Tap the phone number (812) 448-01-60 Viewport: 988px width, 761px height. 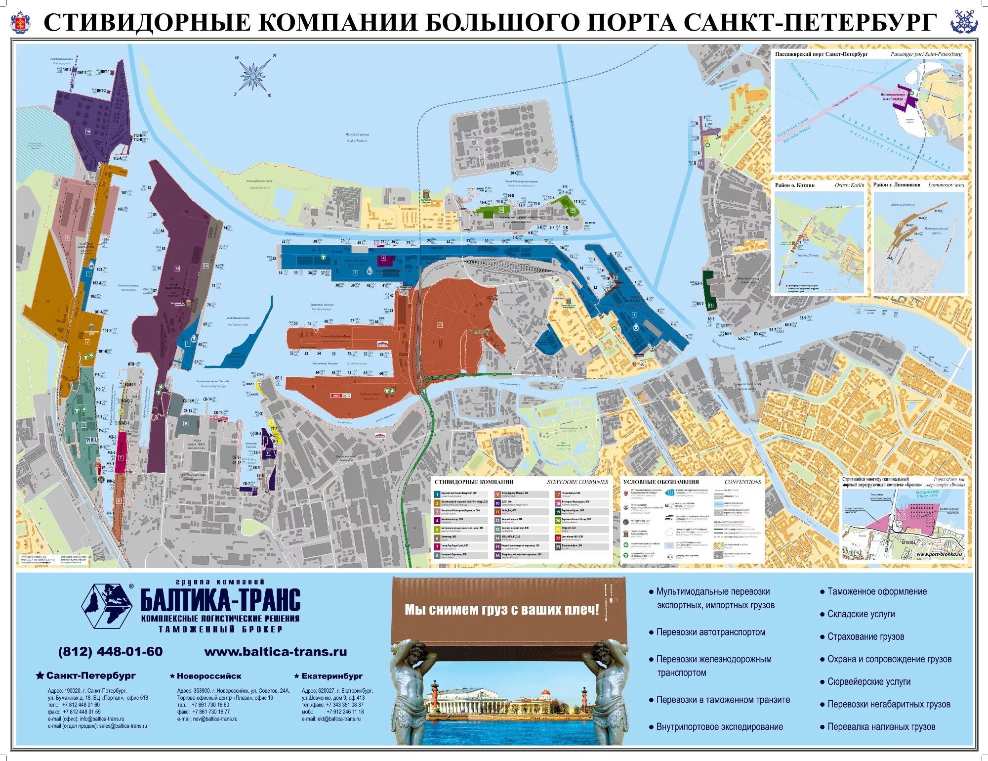pyautogui.click(x=110, y=652)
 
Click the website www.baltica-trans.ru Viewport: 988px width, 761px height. pyautogui.click(x=276, y=652)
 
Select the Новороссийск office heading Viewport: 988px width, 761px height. pyautogui.click(x=208, y=676)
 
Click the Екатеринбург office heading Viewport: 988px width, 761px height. pyautogui.click(x=331, y=676)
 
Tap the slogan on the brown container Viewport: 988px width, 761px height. pyautogui.click(x=501, y=609)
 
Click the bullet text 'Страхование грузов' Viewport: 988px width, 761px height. pyautogui.click(x=865, y=636)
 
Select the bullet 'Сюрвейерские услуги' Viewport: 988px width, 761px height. pyautogui.click(x=868, y=681)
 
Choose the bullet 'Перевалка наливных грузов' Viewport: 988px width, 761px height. pyautogui.click(x=881, y=727)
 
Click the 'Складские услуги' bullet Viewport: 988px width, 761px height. pyautogui.click(x=861, y=614)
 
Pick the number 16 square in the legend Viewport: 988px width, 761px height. pyautogui.click(x=497, y=555)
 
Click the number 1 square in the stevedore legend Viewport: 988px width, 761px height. pyautogui.click(x=437, y=494)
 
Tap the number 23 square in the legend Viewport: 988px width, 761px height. pyautogui.click(x=558, y=546)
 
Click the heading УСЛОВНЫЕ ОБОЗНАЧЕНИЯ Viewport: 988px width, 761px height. pyautogui.click(x=661, y=482)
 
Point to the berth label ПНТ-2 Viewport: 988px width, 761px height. pyautogui.click(x=101, y=91)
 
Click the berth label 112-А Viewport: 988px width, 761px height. pyautogui.click(x=117, y=158)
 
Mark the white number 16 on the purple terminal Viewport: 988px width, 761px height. pyautogui.click(x=88, y=132)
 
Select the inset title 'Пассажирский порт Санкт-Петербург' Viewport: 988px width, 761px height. pyautogui.click(x=821, y=54)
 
